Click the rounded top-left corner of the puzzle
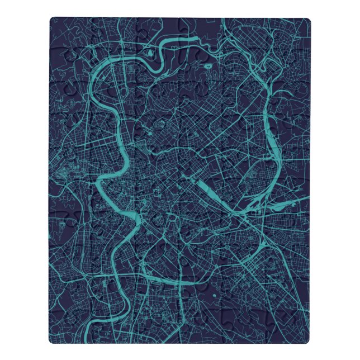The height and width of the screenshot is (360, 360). tap(53, 21)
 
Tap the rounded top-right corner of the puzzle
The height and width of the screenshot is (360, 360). tap(306, 21)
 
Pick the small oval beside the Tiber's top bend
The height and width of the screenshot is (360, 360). tap(151, 54)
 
